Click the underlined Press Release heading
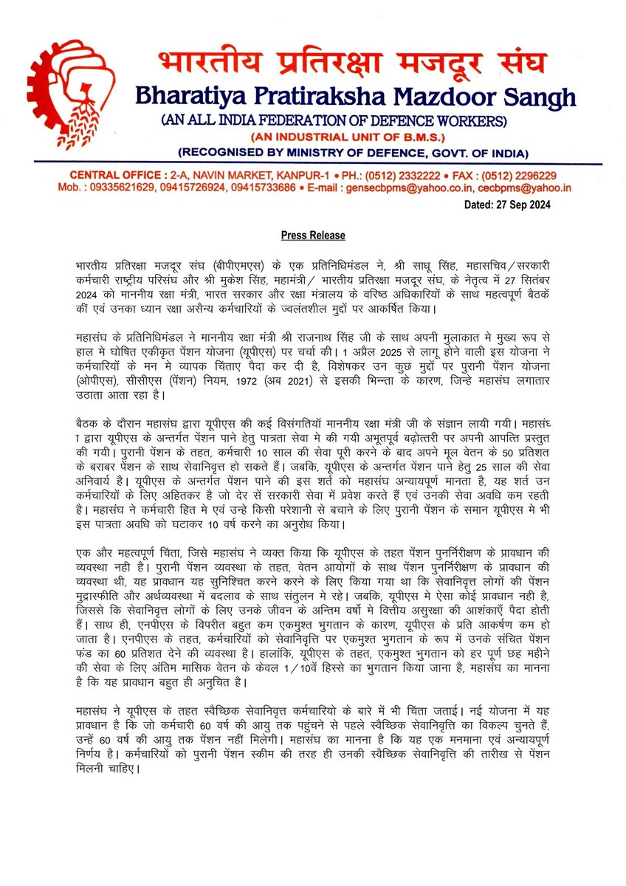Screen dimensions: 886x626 [x=313, y=236]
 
